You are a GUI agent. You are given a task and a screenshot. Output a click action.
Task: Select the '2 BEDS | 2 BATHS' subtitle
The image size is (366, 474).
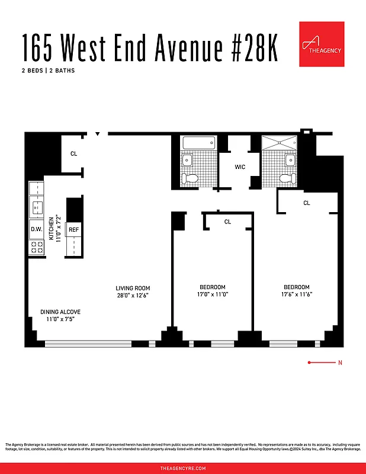coord(49,71)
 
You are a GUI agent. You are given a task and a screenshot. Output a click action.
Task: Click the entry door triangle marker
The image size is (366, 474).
coord(98,134)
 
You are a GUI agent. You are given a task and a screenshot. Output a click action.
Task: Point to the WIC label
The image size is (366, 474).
coord(240,167)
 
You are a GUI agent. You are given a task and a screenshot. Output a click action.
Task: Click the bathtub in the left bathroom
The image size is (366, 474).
coord(200,143)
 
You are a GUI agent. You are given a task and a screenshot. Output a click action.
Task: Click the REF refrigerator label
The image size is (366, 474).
coord(74,230)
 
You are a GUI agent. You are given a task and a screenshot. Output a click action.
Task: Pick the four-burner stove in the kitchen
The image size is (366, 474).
coord(37,247)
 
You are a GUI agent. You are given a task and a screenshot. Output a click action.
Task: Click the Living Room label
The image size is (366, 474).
coord(132,289)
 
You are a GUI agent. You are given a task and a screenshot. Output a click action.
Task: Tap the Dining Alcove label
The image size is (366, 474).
coord(60,312)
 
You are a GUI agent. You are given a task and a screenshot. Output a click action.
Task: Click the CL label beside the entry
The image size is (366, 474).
coord(73,154)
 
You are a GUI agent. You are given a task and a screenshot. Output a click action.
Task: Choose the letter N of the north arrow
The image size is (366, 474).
coord(339,362)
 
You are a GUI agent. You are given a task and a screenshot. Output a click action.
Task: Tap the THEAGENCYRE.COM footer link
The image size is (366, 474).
coord(183,468)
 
